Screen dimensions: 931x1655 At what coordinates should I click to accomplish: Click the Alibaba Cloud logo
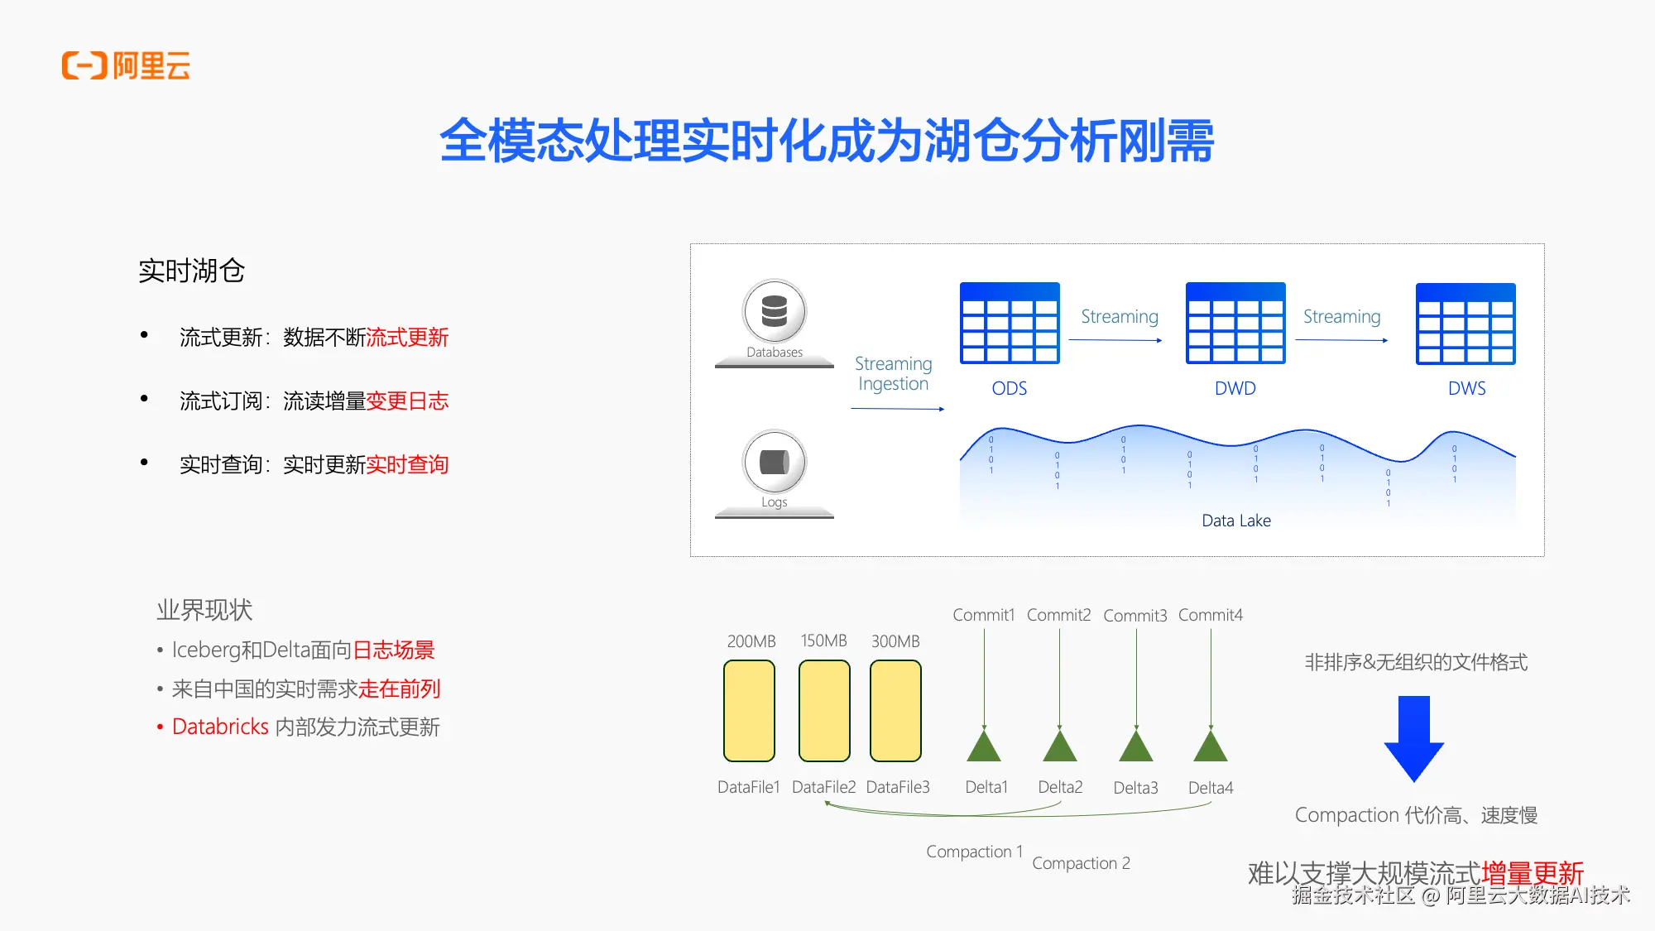(126, 65)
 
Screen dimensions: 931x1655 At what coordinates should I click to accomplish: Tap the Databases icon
(774, 311)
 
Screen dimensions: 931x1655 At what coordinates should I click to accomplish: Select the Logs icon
(774, 462)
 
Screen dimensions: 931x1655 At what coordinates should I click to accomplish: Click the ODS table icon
(1010, 324)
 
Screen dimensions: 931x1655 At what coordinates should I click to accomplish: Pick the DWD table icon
(1235, 324)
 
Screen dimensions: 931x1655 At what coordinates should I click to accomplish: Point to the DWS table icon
(1466, 324)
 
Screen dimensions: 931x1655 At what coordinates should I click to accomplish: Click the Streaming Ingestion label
(893, 374)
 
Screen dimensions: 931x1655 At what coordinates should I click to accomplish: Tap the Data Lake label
(1235, 521)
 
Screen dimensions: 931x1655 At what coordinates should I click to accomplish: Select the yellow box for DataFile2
(824, 710)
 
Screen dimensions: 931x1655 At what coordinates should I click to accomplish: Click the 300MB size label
(895, 641)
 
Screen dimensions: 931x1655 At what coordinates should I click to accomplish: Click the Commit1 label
(983, 615)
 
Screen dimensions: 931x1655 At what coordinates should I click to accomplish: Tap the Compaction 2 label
(1081, 863)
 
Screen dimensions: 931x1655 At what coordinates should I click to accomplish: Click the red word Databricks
(220, 727)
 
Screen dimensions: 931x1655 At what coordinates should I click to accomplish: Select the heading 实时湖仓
(191, 271)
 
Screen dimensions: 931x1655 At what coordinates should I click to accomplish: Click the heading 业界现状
(204, 610)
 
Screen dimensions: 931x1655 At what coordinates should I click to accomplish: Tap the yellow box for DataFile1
(749, 710)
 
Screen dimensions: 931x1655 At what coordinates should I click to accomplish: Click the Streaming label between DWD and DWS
(1341, 317)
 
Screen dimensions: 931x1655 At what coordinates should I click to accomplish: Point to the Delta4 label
(1211, 788)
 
